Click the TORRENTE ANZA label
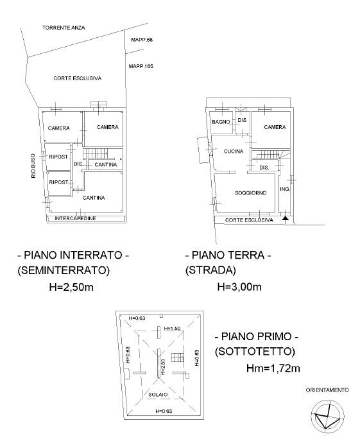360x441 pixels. tap(64, 28)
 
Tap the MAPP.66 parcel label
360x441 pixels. tap(142, 40)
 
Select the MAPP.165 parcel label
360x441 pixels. tap(141, 66)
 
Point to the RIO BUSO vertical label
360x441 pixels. tap(33, 166)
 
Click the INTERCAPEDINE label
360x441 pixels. tap(75, 218)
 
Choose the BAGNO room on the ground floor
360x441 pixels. tap(221, 122)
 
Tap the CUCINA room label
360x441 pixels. tap(234, 151)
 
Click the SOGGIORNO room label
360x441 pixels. tap(251, 193)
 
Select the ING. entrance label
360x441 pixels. tap(285, 189)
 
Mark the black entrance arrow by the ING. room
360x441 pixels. tap(285, 218)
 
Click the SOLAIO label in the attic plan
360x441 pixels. tap(158, 395)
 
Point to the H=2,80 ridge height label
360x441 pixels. tap(163, 367)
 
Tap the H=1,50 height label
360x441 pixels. tap(172, 329)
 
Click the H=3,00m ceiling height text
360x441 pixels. tap(239, 287)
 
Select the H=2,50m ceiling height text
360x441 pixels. tap(71, 287)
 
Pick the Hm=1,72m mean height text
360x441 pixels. tap(273, 368)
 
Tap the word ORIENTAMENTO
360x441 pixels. tap(327, 390)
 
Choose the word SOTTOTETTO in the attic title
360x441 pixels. tap(255, 351)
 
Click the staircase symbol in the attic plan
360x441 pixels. tap(178, 358)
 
